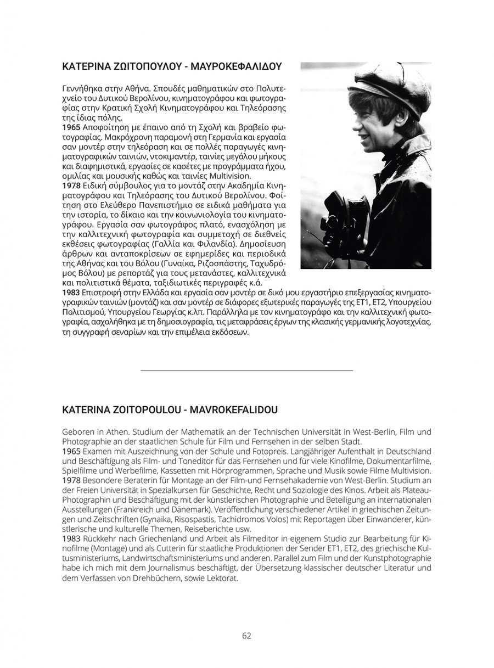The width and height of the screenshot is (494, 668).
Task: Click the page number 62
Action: click(246, 636)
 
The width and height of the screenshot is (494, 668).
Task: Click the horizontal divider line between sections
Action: click(246, 371)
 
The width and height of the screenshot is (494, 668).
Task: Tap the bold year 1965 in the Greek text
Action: click(71, 127)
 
